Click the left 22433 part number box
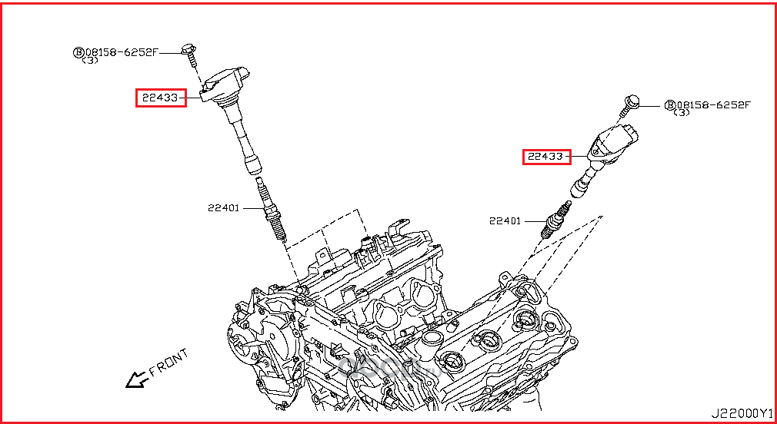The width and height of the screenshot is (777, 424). click(x=162, y=98)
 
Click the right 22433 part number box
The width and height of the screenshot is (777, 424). click(x=547, y=157)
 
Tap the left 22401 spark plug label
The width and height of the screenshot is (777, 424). click(x=223, y=207)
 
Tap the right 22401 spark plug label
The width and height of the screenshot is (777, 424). click(x=505, y=221)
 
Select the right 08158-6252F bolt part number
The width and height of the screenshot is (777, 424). click(x=712, y=104)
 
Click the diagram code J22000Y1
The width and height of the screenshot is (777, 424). click(x=742, y=412)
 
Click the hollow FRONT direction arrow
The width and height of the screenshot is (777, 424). click(x=137, y=379)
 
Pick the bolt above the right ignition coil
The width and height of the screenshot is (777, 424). click(x=630, y=103)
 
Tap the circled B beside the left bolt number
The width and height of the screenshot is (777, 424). click(x=78, y=52)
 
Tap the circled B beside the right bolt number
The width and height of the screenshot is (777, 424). click(x=669, y=104)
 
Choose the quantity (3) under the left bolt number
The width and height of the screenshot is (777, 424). click(x=90, y=61)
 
